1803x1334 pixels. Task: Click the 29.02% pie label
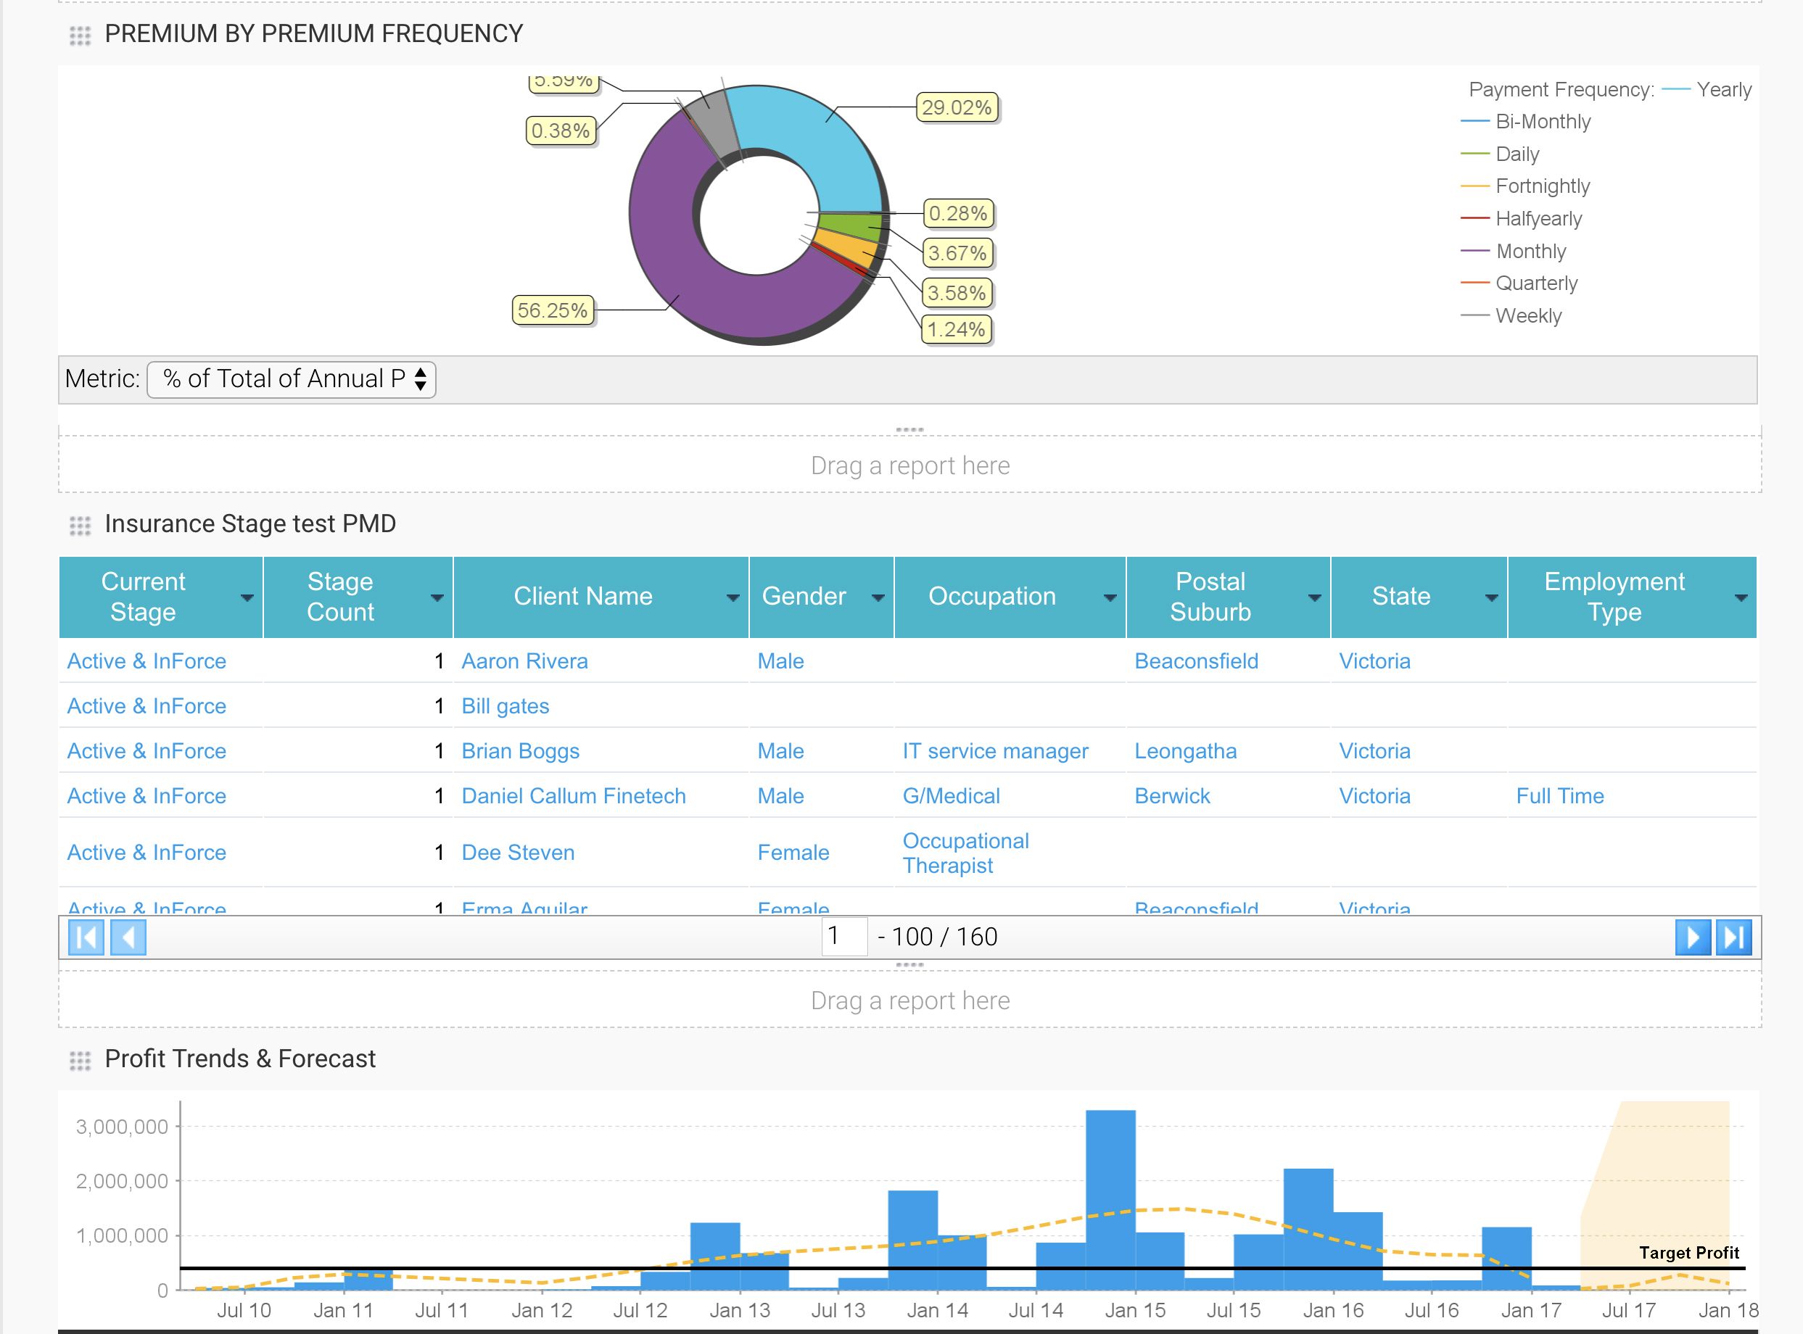point(957,107)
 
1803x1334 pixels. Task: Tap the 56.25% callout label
point(553,310)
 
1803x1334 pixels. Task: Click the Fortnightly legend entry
point(1541,186)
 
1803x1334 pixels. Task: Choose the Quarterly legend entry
point(1535,283)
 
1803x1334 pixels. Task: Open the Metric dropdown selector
point(292,378)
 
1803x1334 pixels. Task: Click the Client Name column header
point(583,596)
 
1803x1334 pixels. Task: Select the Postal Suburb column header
point(1209,596)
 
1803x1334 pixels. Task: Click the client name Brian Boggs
point(520,751)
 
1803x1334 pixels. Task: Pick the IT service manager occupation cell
point(994,751)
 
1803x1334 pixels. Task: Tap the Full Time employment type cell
point(1559,796)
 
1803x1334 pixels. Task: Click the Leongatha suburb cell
point(1185,751)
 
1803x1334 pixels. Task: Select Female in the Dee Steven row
point(793,853)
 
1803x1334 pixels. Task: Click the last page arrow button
point(1733,937)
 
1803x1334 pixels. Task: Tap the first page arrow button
point(86,937)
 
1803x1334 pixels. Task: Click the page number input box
point(843,937)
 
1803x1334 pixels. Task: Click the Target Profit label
point(1688,1253)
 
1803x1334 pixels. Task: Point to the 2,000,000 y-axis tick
point(122,1181)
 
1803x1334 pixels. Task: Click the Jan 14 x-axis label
point(937,1310)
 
